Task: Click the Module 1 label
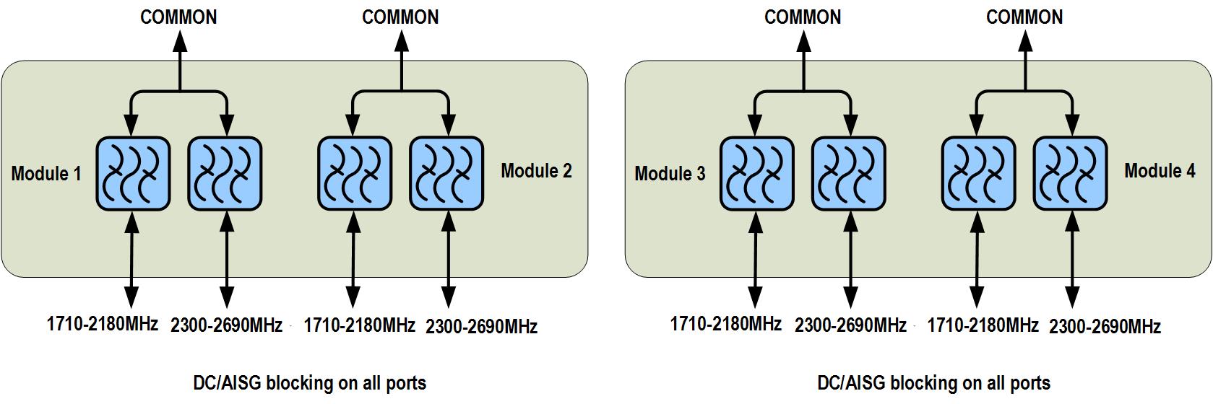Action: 46,174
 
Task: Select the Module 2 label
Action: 536,171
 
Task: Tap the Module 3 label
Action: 670,174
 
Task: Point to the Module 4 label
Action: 1160,171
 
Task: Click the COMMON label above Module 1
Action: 178,17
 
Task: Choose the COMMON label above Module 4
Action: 1024,17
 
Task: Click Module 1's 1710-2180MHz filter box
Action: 133,174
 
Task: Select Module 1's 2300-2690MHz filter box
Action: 225,174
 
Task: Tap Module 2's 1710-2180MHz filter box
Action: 355,174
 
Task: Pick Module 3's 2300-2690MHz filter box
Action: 848,174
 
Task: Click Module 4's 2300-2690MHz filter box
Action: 1070,174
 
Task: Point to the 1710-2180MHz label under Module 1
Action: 102,324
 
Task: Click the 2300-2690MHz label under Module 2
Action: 481,327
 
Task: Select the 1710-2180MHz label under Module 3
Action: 725,324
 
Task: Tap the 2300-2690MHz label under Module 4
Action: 1105,327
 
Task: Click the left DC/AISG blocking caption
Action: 309,383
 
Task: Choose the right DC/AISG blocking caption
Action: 933,383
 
